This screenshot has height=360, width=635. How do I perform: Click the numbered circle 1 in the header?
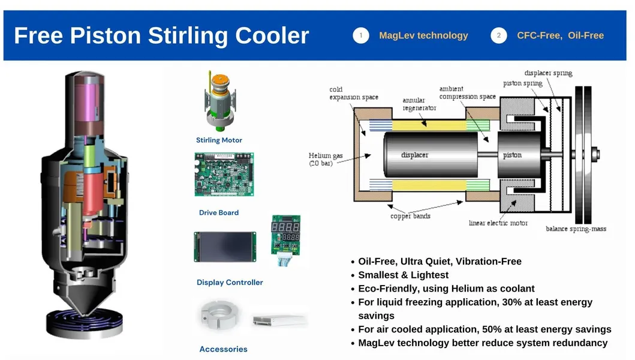(361, 35)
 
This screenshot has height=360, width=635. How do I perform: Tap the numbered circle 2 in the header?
(499, 35)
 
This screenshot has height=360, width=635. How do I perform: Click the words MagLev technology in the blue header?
(423, 35)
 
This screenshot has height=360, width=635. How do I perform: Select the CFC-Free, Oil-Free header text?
(560, 35)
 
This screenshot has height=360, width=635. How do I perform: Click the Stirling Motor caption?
(219, 140)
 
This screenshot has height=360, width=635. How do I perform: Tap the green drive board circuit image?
(224, 174)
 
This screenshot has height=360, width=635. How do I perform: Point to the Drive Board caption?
(219, 212)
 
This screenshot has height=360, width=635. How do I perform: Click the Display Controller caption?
(230, 282)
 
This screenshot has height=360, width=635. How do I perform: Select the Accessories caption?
(223, 349)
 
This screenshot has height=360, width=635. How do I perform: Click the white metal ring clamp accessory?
(218, 316)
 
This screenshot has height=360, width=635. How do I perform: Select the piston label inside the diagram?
(512, 155)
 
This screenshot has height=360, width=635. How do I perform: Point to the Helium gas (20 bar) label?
(326, 160)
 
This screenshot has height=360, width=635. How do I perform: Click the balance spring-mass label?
(575, 229)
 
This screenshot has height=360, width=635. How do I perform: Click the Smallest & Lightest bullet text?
(403, 275)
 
